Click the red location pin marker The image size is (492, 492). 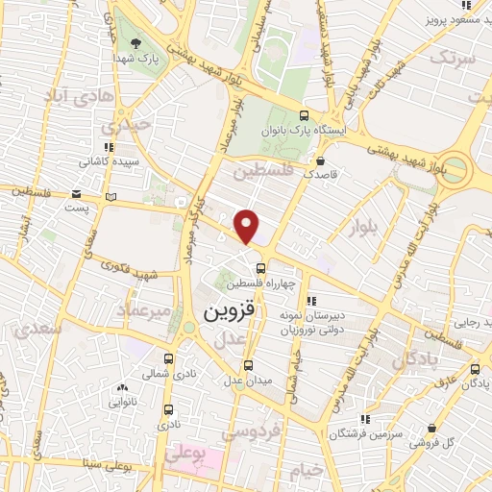click(x=247, y=226)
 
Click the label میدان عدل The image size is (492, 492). click(x=248, y=380)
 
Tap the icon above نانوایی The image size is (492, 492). click(x=122, y=388)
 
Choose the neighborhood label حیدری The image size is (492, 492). click(x=129, y=126)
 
